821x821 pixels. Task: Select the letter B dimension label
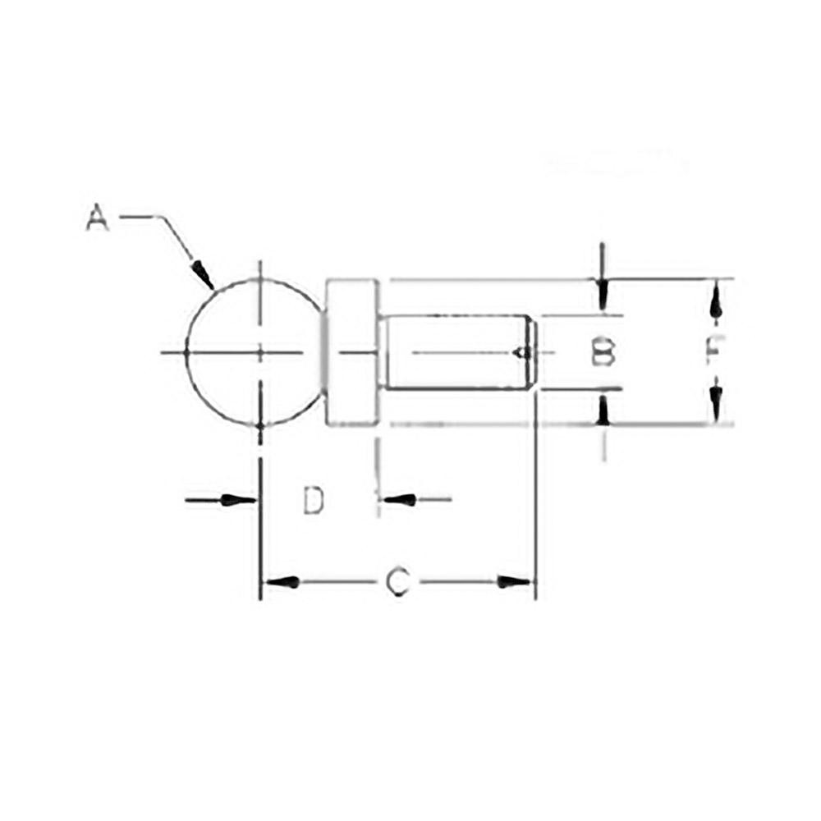tap(603, 352)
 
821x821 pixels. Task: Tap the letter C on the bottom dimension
tap(397, 582)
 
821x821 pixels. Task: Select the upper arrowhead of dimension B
tap(603, 293)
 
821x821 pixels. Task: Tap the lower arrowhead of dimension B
tap(603, 410)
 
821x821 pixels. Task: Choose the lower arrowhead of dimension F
tap(717, 404)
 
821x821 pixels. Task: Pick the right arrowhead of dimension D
tap(395, 499)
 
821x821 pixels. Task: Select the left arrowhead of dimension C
tap(281, 582)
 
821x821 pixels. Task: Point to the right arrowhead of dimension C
tap(516, 582)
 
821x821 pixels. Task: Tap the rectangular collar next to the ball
tap(354, 353)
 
